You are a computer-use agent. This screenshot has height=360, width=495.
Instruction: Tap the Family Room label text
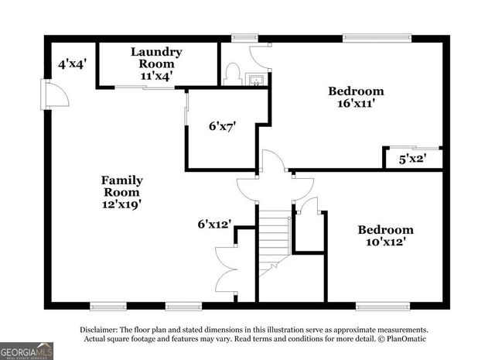pos(122,186)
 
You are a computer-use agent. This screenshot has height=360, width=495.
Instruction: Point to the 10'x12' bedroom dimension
pos(385,242)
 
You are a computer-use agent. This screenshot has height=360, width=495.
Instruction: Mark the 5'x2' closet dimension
pos(412,159)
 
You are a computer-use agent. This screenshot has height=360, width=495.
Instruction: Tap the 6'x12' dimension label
pos(214,225)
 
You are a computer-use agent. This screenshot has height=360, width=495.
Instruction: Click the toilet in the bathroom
pos(230,74)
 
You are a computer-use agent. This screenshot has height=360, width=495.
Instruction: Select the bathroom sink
pos(256,77)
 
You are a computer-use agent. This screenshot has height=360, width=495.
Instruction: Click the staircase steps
pos(274,232)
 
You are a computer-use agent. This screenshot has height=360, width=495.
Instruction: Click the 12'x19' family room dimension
pos(122,205)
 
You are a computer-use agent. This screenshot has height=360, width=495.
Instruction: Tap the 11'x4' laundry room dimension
pos(156,76)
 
